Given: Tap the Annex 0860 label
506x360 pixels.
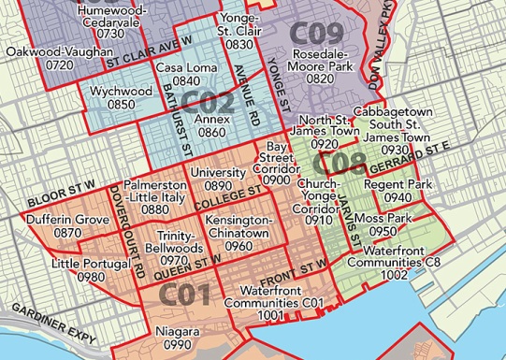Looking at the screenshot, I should (x=212, y=127).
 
